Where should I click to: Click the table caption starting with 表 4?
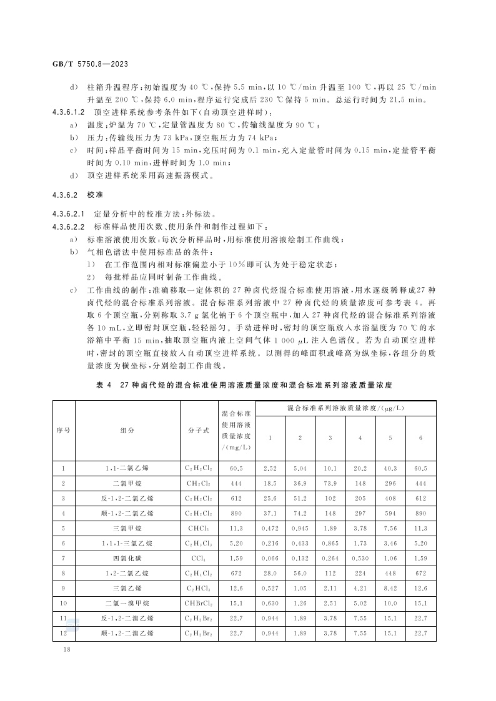coord(247,386)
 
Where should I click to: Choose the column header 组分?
coord(127,430)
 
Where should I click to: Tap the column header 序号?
coord(64,430)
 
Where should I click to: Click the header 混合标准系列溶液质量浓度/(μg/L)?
coord(345,408)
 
